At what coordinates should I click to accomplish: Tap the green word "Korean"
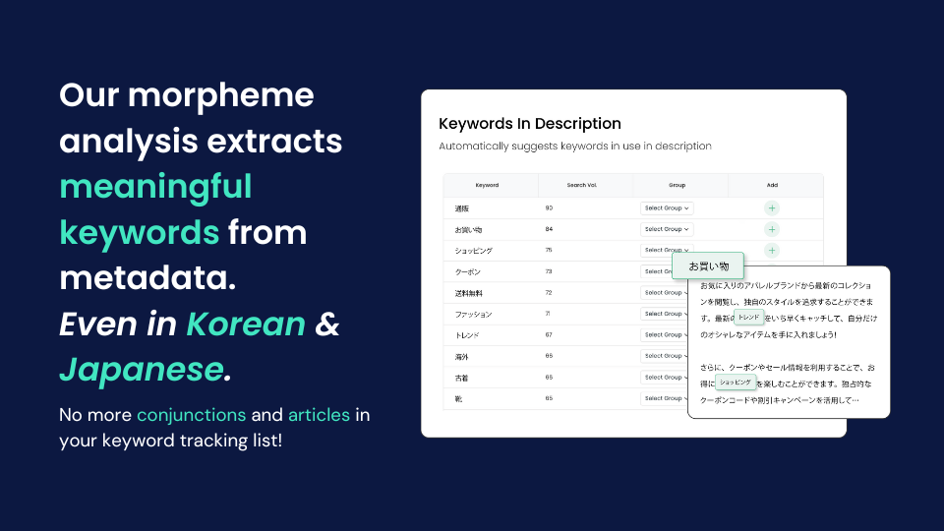[x=246, y=324]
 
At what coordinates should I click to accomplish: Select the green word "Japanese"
[x=141, y=369]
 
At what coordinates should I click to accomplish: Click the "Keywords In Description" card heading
[x=529, y=124]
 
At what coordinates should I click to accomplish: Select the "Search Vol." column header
[x=582, y=185]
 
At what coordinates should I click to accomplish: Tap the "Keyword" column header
[x=487, y=185]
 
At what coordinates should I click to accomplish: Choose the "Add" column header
[x=772, y=185]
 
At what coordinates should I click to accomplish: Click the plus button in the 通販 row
[x=772, y=207]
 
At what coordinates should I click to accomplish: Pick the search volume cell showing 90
[x=549, y=207]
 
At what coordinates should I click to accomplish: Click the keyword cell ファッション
[x=473, y=314]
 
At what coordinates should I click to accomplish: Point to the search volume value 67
[x=549, y=335]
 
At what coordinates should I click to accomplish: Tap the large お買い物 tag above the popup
[x=708, y=265]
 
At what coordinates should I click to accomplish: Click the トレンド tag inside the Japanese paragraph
[x=749, y=318]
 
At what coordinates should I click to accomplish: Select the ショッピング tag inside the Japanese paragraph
[x=736, y=382]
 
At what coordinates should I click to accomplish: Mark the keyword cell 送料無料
[x=468, y=293]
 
